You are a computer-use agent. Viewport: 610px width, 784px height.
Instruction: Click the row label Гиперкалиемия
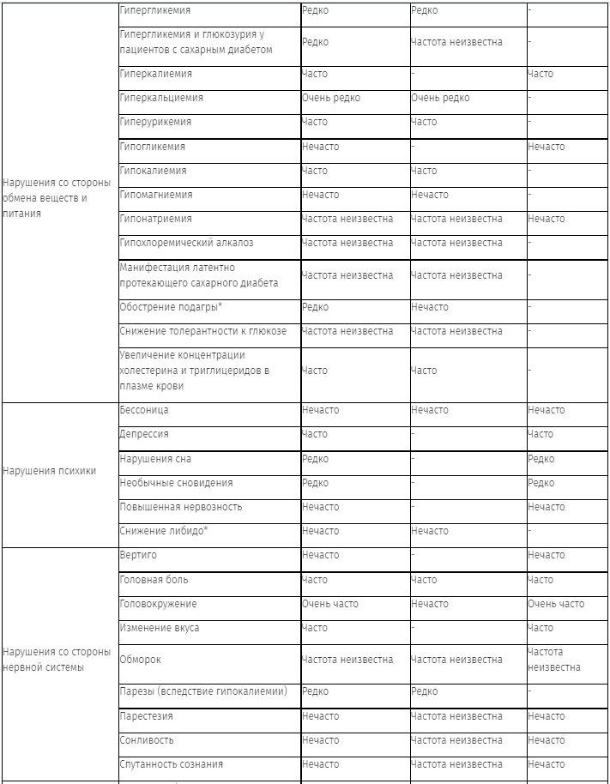[150, 74]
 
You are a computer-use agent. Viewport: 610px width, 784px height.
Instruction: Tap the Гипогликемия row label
[152, 147]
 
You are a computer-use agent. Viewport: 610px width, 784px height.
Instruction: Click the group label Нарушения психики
[50, 471]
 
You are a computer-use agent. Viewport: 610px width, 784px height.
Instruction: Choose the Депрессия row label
[144, 434]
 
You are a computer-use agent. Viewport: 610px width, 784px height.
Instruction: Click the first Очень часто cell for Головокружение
[330, 604]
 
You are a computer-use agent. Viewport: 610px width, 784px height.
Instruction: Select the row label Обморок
[140, 660]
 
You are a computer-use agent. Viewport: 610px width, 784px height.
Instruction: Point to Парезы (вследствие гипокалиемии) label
[202, 691]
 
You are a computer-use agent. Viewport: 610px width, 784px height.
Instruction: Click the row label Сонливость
[147, 740]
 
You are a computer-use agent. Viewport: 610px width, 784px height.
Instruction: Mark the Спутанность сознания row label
[172, 764]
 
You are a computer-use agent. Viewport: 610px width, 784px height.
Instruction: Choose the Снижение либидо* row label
[164, 531]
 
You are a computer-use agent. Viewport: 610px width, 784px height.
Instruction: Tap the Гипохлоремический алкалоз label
[186, 243]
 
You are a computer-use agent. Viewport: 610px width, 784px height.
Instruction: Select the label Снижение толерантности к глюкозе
[203, 331]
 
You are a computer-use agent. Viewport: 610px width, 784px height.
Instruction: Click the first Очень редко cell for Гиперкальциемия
[331, 98]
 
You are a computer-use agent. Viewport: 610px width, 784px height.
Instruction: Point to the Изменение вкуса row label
[160, 628]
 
